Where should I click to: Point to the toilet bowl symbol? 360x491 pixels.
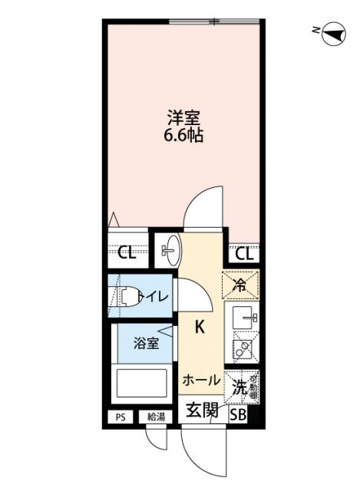coord(129,295)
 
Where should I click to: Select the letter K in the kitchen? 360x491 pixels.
coord(199,328)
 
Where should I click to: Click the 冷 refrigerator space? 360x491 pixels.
coord(240,285)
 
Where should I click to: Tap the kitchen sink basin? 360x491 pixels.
coord(243,317)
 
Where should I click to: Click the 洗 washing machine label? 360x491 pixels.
coord(240,387)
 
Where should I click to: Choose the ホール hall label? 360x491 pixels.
coord(201,380)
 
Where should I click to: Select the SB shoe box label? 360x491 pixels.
coord(239,416)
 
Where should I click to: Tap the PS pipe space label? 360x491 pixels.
coord(120,417)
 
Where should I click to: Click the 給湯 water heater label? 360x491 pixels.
coord(156,417)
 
